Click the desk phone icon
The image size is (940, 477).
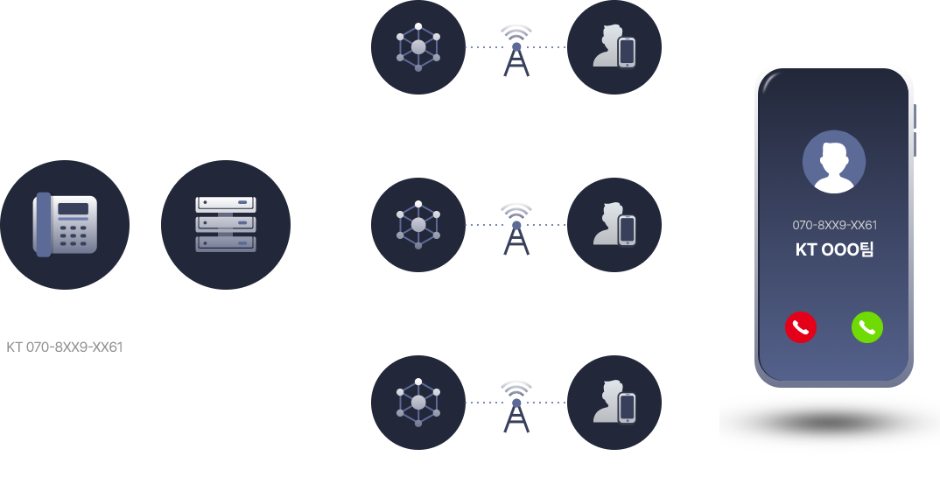(x=65, y=226)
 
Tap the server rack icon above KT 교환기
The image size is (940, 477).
(x=225, y=225)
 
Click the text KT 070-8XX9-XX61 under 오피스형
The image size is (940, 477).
(x=65, y=347)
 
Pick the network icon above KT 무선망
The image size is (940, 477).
(x=417, y=46)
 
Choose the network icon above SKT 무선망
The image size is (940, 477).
(x=417, y=225)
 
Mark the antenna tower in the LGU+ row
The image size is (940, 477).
(x=516, y=406)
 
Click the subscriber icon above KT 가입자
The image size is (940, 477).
(x=614, y=46)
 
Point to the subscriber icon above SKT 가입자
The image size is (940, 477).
(x=614, y=225)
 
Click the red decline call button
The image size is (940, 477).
(x=800, y=327)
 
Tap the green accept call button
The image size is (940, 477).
(x=866, y=327)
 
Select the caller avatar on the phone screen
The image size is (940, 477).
(x=833, y=162)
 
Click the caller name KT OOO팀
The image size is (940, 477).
(x=833, y=249)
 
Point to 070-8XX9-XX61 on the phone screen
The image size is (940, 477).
(x=834, y=225)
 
